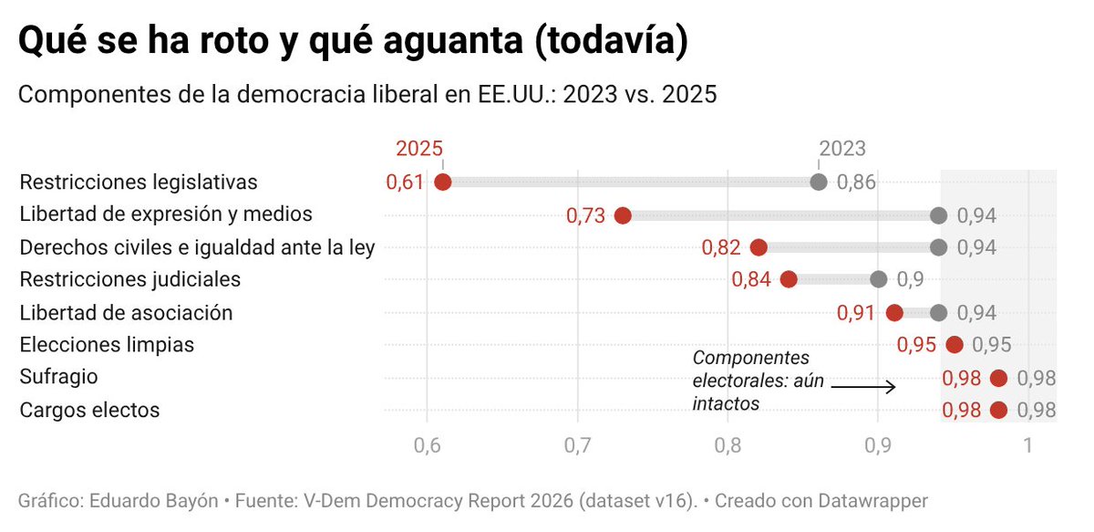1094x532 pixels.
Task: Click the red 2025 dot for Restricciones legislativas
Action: coord(443,182)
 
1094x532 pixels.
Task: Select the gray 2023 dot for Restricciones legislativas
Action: coord(819,182)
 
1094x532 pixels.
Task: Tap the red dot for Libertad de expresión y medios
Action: coord(623,215)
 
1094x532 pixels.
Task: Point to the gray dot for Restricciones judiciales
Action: coord(878,279)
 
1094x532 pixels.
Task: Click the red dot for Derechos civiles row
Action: coord(759,247)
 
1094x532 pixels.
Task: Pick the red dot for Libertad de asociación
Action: coord(894,313)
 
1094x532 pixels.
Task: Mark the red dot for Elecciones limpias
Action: coord(955,345)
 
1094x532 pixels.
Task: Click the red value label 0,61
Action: coord(405,182)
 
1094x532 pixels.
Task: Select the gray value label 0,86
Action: coord(857,182)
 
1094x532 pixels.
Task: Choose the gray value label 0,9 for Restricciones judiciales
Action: coord(911,279)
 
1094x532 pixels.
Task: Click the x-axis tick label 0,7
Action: coord(577,447)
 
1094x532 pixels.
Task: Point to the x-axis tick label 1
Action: coord(1028,447)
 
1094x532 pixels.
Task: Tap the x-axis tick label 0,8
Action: coord(728,447)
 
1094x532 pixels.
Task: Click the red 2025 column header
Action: coord(418,149)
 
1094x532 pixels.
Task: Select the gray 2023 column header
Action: coord(842,149)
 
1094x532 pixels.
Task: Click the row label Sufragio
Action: coord(58,377)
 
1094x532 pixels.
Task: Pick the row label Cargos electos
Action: coord(89,410)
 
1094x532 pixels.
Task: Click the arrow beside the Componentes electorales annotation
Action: coord(863,387)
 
